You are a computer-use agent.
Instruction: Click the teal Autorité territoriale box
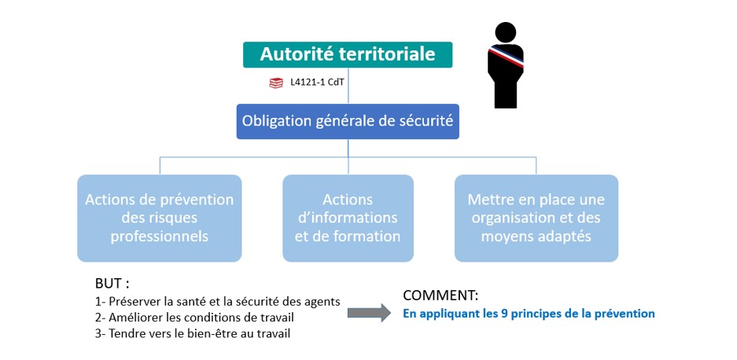point(348,54)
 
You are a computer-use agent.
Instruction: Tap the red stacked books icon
point(276,83)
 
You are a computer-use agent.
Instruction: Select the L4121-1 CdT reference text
point(314,83)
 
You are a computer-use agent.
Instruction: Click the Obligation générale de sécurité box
point(348,121)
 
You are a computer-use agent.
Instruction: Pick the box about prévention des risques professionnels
point(160,218)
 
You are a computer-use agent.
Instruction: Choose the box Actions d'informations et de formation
point(348,218)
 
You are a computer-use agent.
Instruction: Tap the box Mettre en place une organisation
point(536,218)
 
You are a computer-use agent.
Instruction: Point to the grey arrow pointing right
point(369,313)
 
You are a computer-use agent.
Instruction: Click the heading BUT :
point(112,284)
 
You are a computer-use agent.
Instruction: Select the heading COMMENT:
point(440,296)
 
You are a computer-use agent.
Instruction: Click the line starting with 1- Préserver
point(217,302)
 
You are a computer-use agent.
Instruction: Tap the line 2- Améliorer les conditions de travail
point(197,318)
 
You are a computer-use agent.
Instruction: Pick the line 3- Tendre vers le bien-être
point(193,334)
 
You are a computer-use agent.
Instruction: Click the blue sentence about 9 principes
point(529,314)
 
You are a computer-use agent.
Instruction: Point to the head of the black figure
point(505,32)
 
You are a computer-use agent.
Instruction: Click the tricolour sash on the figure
point(507,57)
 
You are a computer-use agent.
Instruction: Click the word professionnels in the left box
point(160,236)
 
